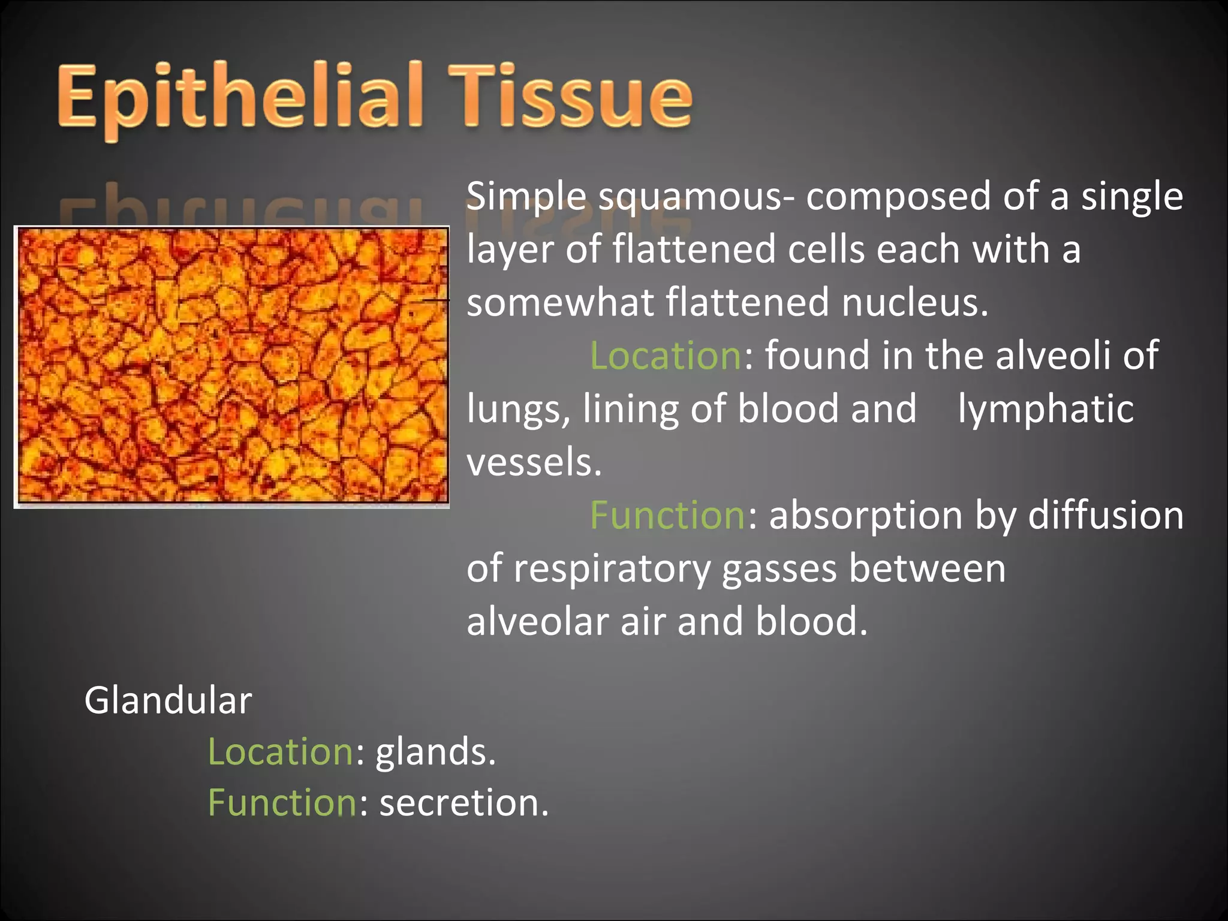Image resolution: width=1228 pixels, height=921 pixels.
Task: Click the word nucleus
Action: click(914, 303)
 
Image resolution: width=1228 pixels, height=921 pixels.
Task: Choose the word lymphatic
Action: click(1045, 409)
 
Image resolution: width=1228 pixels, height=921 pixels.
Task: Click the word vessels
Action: click(534, 462)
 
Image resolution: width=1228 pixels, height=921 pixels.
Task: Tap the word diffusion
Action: click(1106, 516)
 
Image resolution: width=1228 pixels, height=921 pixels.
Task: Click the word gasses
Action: click(779, 570)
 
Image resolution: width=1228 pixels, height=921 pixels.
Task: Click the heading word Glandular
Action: click(168, 700)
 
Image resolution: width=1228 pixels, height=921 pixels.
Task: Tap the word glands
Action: click(435, 752)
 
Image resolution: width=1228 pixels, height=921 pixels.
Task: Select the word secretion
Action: click(463, 803)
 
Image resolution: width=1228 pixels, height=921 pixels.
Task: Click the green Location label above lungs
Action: click(666, 356)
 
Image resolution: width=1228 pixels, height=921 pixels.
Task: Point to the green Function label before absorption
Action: click(667, 516)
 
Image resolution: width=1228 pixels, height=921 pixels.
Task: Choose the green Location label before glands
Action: click(281, 752)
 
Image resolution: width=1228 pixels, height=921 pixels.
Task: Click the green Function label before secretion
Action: click(282, 803)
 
